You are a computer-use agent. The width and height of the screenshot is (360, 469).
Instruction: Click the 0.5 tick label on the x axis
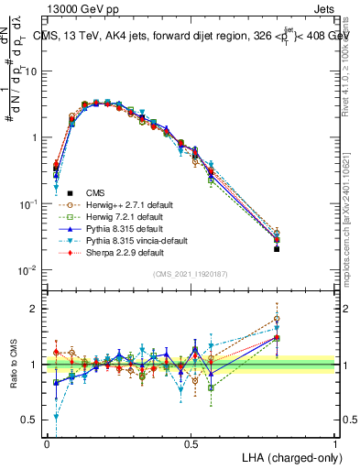point(191,443)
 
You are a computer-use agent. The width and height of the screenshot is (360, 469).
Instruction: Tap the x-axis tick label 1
point(335,443)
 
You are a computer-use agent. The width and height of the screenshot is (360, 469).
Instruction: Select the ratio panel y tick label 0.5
point(31,420)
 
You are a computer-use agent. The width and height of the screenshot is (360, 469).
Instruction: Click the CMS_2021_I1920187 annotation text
point(191,273)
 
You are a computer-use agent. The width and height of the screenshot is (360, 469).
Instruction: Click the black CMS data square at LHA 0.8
point(277,248)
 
